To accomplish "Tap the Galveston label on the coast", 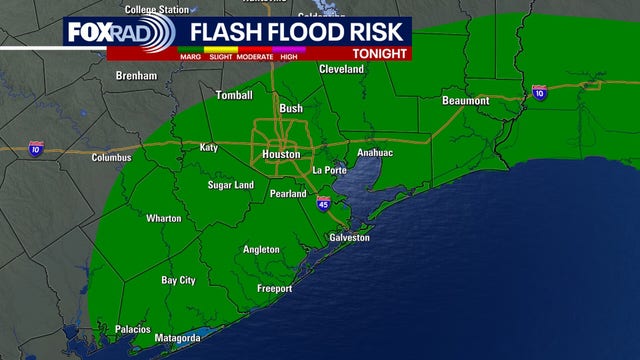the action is (x=350, y=238).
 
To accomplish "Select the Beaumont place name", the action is (x=465, y=101).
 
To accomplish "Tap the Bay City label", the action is (x=179, y=281).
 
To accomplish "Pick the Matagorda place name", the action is (x=177, y=338).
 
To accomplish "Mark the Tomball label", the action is (x=236, y=95).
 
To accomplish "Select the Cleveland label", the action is (x=342, y=69).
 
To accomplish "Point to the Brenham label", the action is (x=137, y=76).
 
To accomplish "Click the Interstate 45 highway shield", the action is (x=323, y=203).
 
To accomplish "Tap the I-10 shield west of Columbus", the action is (x=35, y=147).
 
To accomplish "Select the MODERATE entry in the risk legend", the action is (x=256, y=56).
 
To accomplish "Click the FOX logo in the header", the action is (x=88, y=33).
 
